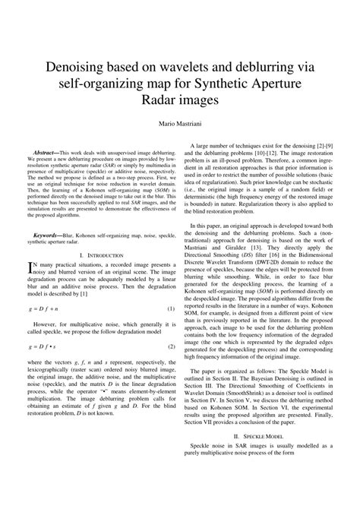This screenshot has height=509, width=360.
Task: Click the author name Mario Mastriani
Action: [180, 123]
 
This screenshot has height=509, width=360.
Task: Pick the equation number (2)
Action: [171, 346]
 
